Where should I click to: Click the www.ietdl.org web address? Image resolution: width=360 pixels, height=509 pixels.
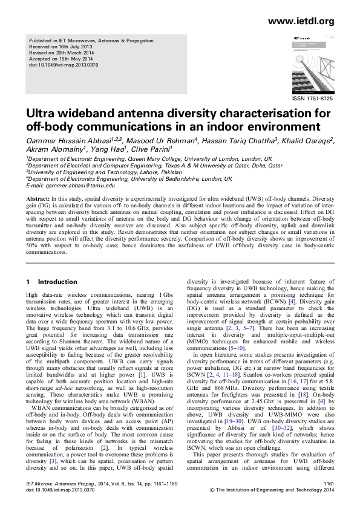coord(300,21)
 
